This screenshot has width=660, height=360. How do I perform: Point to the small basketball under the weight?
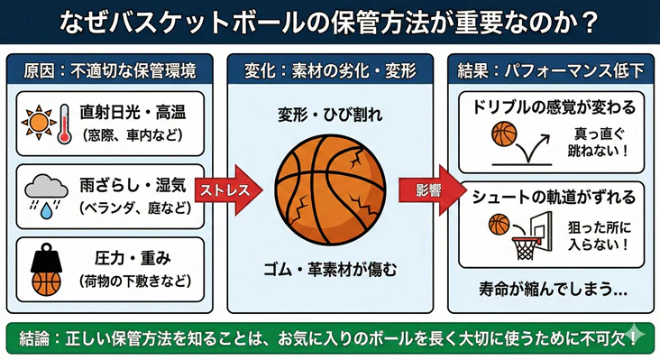(x=46, y=282)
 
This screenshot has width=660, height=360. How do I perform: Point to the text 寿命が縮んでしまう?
(x=552, y=290)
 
